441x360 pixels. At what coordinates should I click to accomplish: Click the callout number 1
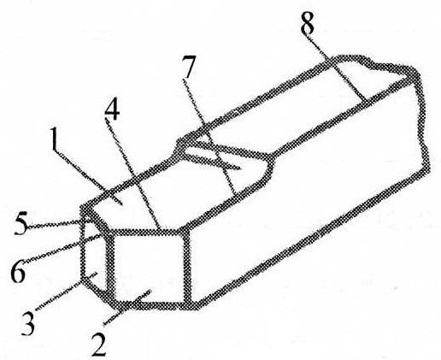point(55,139)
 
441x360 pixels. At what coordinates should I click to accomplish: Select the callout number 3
point(28,323)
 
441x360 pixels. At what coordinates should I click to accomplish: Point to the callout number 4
point(112,109)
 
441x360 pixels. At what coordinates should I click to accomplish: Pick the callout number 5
point(21,224)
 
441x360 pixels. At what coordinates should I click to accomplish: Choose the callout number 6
point(18,271)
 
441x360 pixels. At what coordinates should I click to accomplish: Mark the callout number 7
point(189,68)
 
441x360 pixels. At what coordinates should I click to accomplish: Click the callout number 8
point(308,23)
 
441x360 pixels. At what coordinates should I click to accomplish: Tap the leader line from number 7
point(209,136)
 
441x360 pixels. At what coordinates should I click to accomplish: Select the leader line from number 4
point(132,174)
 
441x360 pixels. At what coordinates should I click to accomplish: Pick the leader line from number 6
point(63,248)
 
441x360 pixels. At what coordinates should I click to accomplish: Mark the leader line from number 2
point(127,306)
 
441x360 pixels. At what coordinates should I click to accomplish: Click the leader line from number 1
point(89,177)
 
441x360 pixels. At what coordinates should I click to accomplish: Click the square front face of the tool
point(150,267)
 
